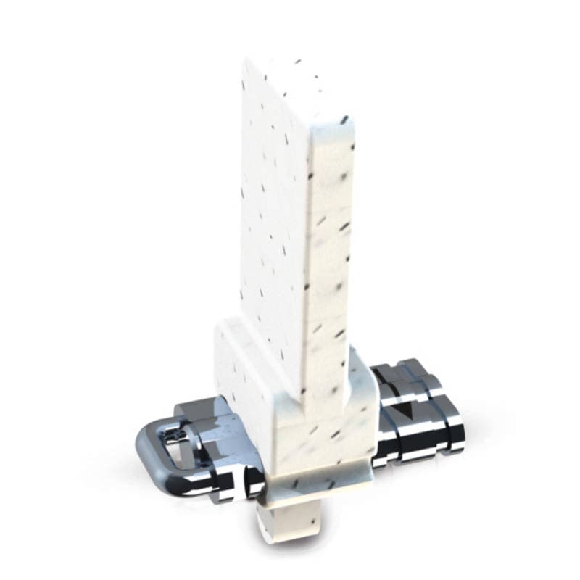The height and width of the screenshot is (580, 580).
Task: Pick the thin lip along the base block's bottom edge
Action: click(x=319, y=486)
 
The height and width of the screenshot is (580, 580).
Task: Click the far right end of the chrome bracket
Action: click(x=457, y=431)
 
